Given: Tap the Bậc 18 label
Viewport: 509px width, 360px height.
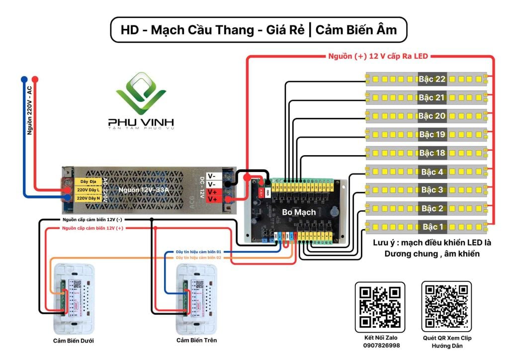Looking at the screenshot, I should coord(432,153).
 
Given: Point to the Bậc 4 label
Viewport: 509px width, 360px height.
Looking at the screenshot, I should coord(432,172).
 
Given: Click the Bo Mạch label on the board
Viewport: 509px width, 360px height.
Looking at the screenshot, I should coord(299,212).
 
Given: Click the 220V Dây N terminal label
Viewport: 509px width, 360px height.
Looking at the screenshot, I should coord(88,198).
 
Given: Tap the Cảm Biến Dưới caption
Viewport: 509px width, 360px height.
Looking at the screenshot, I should coord(74,341).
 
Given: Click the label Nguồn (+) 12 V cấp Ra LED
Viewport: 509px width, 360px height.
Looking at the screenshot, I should coord(378,56).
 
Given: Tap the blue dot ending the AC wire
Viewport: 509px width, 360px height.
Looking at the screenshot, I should coord(23,79).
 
